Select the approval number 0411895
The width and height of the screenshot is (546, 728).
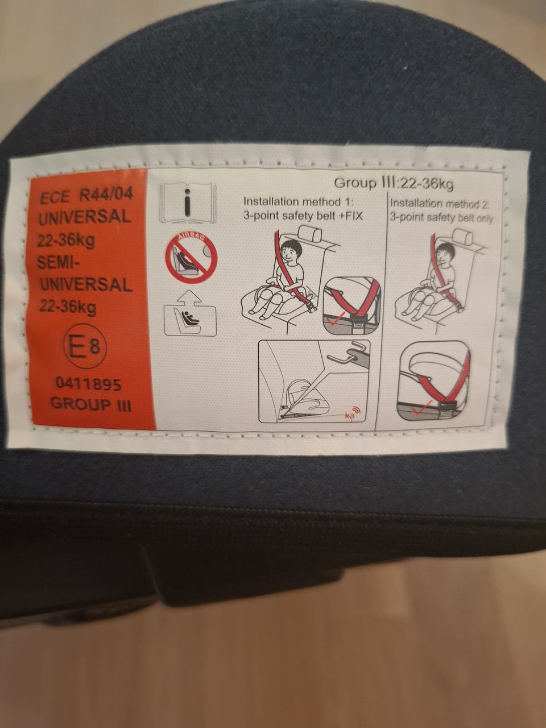pyautogui.click(x=89, y=384)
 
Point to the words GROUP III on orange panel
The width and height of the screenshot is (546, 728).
pyautogui.click(x=91, y=404)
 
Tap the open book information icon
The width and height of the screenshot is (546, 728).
pyautogui.click(x=188, y=203)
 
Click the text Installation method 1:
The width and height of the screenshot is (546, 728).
pyautogui.click(x=299, y=201)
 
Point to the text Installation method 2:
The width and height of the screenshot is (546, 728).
pyautogui.click(x=440, y=203)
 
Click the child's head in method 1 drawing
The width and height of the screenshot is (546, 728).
pyautogui.click(x=290, y=251)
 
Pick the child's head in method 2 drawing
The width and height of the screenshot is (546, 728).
pyautogui.click(x=445, y=254)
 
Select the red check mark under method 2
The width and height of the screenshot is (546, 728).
pyautogui.click(x=421, y=408)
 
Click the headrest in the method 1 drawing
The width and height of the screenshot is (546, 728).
pyautogui.click(x=310, y=234)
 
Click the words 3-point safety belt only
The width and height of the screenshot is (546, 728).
pyautogui.click(x=441, y=218)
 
